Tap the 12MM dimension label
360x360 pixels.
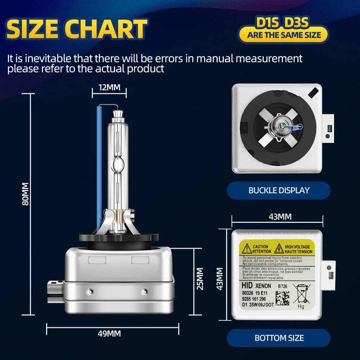pos(109,87)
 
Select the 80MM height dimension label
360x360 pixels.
pos(25,194)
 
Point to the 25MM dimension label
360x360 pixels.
pos(200,278)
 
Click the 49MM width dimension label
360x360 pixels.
pos(109,334)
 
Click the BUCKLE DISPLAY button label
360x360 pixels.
pos(279,190)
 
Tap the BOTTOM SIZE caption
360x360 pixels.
pos(279,338)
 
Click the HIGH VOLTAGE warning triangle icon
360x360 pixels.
pos(279,249)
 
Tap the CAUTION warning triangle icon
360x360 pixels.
pos(247,249)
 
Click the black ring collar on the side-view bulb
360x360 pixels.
pos(119,238)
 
